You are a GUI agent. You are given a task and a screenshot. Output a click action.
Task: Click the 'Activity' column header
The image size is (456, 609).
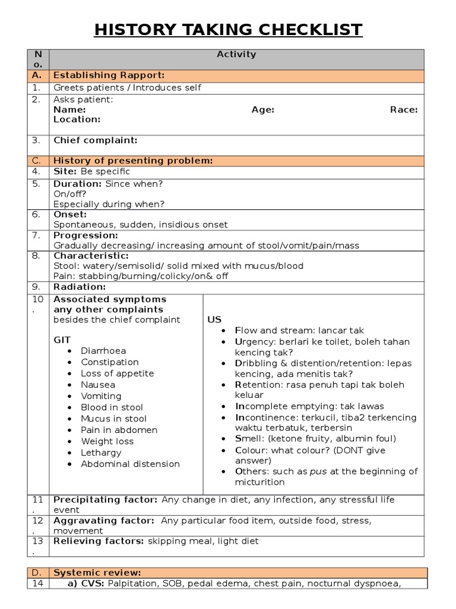(x=236, y=54)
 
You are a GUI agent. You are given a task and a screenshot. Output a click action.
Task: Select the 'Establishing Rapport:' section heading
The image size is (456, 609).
(x=109, y=75)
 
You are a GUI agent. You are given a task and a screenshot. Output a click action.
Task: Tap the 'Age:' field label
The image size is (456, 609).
(x=262, y=109)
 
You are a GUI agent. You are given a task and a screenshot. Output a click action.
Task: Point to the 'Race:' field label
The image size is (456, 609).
(x=404, y=109)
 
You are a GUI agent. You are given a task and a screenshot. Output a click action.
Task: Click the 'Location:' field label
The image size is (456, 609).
(x=77, y=119)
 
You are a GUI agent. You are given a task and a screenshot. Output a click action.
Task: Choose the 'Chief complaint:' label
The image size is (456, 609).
(x=96, y=140)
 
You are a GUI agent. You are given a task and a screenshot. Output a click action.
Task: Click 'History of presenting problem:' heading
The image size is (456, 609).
(x=133, y=161)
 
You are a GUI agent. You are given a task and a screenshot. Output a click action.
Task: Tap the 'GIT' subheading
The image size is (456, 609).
(x=62, y=339)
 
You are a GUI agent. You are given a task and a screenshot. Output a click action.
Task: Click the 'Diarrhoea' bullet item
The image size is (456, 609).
(x=103, y=351)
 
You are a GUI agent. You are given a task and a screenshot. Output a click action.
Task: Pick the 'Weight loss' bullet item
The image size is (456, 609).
(x=107, y=441)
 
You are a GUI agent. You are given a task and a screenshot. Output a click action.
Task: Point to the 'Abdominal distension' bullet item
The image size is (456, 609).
(x=130, y=464)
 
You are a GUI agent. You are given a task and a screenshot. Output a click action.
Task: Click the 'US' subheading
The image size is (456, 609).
(x=214, y=319)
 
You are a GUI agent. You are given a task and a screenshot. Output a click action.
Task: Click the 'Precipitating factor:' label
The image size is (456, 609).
(x=105, y=500)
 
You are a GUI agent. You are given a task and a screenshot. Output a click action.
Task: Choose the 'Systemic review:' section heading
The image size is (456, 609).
(x=97, y=573)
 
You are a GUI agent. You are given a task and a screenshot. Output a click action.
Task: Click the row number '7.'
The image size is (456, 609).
(x=36, y=235)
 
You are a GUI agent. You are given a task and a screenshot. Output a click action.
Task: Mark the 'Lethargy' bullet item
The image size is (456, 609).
(x=101, y=453)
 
